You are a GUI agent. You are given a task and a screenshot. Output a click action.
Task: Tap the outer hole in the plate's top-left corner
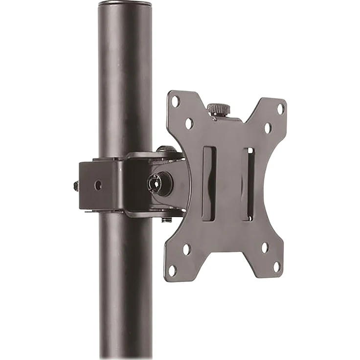[x=175, y=101]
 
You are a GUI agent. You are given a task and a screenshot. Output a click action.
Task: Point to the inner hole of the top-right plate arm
[x=268, y=128]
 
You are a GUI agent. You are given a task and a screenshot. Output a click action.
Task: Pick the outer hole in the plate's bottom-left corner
[x=172, y=269]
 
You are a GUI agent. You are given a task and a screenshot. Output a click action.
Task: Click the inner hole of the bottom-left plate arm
[x=186, y=249]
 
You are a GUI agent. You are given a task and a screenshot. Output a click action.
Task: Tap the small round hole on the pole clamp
[x=98, y=185]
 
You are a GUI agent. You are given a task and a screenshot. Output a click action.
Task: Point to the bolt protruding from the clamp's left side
[x=76, y=186]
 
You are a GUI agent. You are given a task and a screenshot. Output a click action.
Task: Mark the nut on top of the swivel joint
[x=166, y=149]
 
